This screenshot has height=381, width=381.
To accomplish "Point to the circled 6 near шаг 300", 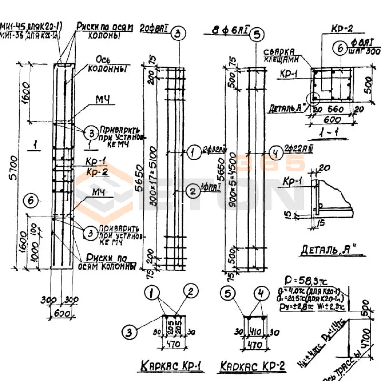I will click(340, 48).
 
